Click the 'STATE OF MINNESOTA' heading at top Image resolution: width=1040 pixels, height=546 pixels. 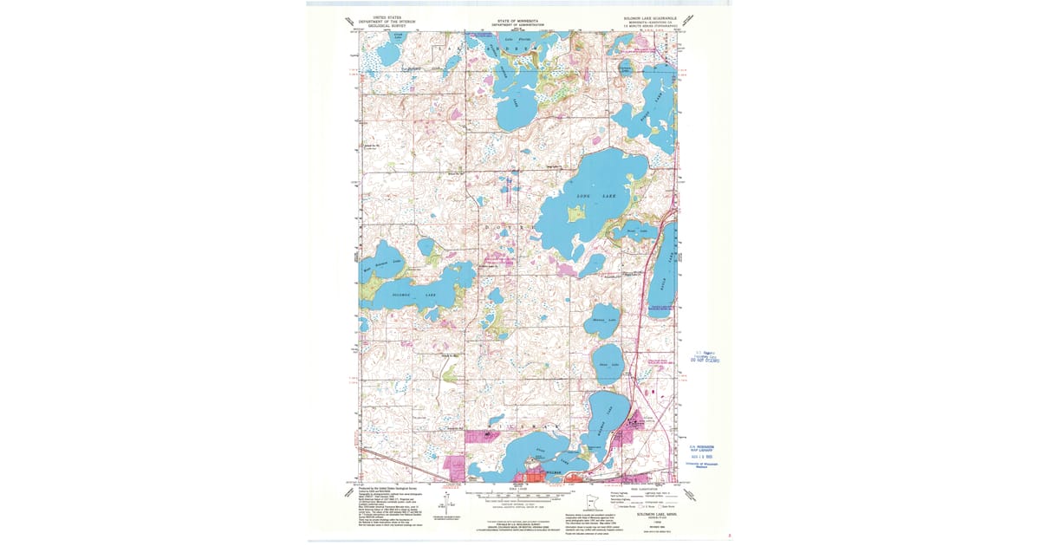coord(518,18)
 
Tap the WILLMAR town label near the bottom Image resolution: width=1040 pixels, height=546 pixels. coord(530,473)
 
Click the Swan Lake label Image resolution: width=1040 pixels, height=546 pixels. coord(608,364)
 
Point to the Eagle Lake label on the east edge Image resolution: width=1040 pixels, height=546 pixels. coord(666,269)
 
